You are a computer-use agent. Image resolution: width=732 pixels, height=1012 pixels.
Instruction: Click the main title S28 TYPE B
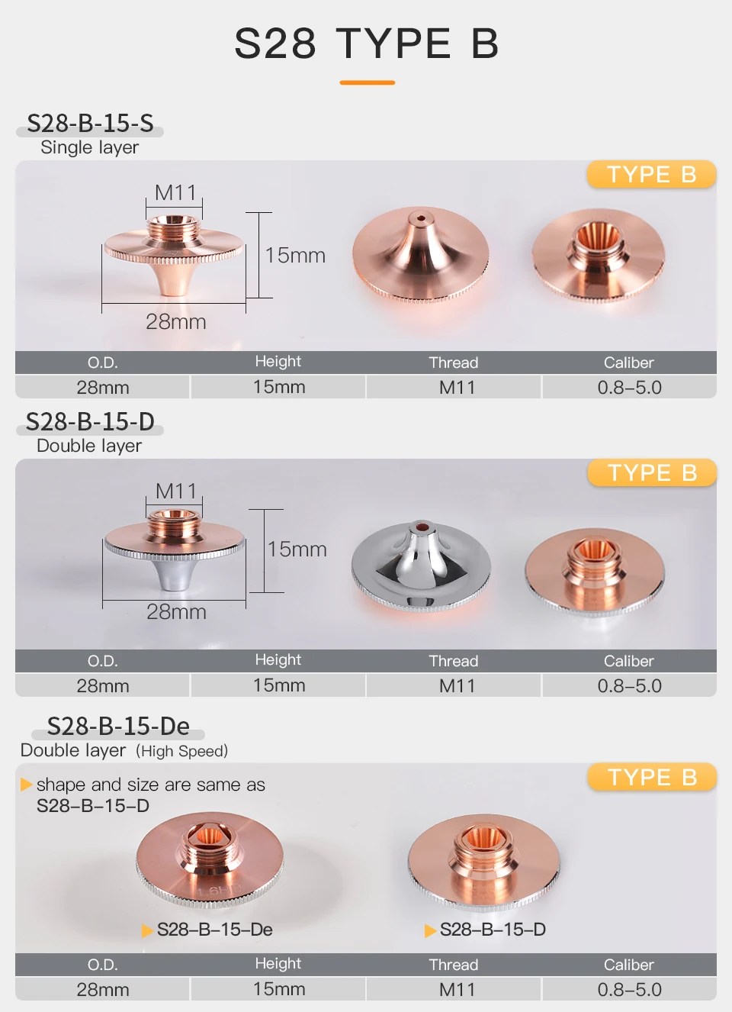[x=366, y=44]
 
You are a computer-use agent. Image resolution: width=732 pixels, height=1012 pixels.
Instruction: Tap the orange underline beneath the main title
[x=367, y=82]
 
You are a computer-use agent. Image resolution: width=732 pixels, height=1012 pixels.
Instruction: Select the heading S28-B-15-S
[x=90, y=123]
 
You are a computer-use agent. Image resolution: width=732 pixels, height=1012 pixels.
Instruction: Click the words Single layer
[x=89, y=147]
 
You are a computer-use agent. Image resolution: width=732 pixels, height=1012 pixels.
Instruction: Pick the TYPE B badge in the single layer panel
[x=652, y=174]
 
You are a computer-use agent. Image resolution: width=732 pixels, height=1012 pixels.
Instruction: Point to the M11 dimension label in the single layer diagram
[x=175, y=193]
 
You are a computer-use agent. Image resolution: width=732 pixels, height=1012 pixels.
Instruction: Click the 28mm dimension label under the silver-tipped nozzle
[x=176, y=612]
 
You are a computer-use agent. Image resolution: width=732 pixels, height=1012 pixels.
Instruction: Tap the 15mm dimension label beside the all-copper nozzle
[x=295, y=255]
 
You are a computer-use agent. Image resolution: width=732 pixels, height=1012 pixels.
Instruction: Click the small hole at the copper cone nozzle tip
[x=421, y=219]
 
